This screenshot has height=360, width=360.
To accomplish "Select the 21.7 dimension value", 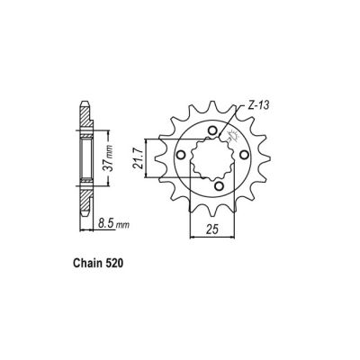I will point(147,159).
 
